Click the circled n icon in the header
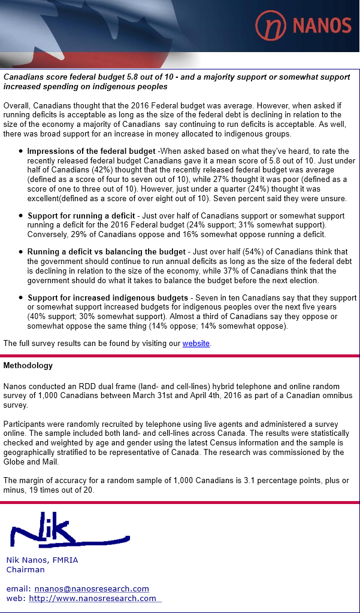[271, 25]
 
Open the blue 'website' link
[196, 343]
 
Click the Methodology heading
[28, 365]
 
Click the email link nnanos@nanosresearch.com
[92, 588]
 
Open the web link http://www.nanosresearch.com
[92, 598]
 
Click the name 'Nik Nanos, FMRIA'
[42, 560]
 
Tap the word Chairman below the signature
[25, 569]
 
